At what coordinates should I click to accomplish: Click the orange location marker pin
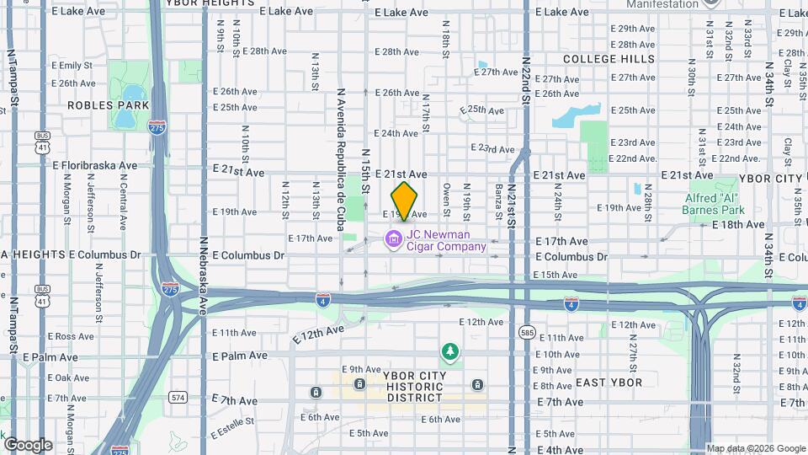[405, 201]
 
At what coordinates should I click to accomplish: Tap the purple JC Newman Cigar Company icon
[392, 240]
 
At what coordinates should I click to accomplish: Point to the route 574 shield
[177, 396]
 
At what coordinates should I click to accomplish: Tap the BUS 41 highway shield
[42, 141]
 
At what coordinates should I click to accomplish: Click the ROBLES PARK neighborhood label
[108, 105]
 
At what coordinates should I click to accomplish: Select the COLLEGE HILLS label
[609, 59]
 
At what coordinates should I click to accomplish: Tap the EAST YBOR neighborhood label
[609, 383]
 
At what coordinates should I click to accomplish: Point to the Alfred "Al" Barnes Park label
[713, 204]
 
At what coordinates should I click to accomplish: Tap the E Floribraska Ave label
[94, 166]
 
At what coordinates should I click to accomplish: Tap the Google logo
[28, 444]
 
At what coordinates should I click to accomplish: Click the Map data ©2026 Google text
[755, 448]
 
